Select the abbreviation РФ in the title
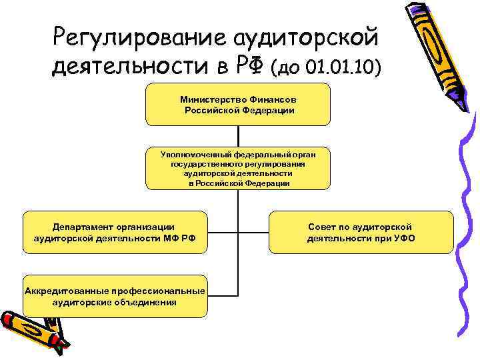click(x=249, y=66)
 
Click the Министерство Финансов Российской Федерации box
click(x=238, y=104)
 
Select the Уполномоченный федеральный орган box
click(x=238, y=168)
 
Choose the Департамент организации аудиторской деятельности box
click(x=114, y=233)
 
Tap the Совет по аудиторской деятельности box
click(x=361, y=233)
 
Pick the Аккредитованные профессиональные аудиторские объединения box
click(x=114, y=295)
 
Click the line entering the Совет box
click(x=253, y=233)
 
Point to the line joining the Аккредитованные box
click(x=222, y=295)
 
